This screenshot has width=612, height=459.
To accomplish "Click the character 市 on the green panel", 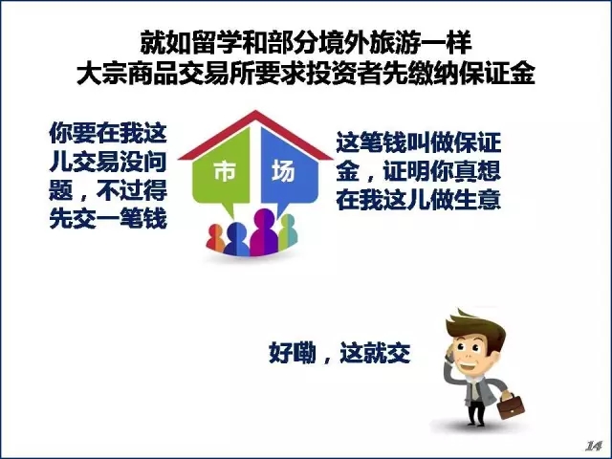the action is pyautogui.click(x=224, y=172).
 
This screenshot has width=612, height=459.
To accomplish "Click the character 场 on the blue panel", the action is pyautogui.click(x=283, y=172).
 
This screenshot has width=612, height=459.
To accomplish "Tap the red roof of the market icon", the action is pyautogui.click(x=255, y=133).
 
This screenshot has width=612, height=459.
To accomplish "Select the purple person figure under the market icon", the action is pyautogui.click(x=264, y=231).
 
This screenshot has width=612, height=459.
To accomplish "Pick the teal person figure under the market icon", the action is pyautogui.click(x=288, y=231).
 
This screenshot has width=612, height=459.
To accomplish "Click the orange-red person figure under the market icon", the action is pyautogui.click(x=215, y=238).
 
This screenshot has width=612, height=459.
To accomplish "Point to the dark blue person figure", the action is pyautogui.click(x=236, y=239).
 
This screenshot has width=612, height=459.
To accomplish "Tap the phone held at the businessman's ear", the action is pyautogui.click(x=450, y=355).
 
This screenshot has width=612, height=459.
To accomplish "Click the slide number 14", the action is pyautogui.click(x=593, y=446).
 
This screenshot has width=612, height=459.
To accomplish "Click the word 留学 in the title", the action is pyautogui.click(x=216, y=42).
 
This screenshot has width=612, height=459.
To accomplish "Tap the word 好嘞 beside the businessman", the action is pyautogui.click(x=293, y=354).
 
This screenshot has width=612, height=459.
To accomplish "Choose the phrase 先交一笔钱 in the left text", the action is pyautogui.click(x=108, y=219).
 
